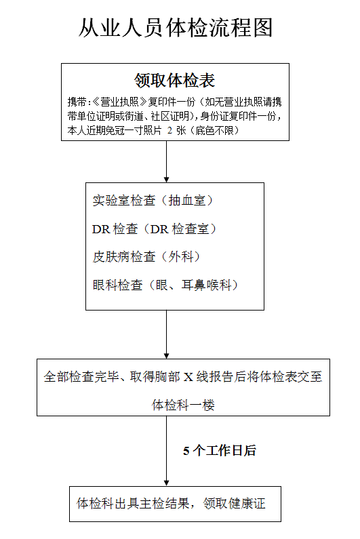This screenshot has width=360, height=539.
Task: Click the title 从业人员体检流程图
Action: [176, 28]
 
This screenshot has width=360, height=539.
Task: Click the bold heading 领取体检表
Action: [175, 81]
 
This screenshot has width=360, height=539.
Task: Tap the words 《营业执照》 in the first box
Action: [120, 102]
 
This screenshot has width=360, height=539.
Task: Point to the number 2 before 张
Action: [169, 131]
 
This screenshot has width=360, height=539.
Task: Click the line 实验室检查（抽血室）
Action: [153, 201]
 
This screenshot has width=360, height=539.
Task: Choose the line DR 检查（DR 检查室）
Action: [154, 228]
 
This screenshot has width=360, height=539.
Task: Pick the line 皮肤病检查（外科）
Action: [146, 256]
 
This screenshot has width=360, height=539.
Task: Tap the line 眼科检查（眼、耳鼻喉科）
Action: [165, 285]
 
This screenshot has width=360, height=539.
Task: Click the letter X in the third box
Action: [188, 377]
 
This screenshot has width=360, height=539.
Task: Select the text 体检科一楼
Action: [183, 405]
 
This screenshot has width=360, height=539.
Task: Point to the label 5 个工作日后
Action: [220, 451]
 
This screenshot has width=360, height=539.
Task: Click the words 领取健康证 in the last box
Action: [234, 504]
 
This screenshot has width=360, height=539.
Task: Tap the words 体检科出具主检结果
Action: [133, 504]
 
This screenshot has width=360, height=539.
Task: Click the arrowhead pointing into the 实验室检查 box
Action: [166, 180]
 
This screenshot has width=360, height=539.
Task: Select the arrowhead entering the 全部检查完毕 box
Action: [166, 356]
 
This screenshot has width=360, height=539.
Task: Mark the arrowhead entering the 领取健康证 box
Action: [166, 483]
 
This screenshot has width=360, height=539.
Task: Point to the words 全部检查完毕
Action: [81, 377]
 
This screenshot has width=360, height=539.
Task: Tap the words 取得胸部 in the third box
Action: [155, 377]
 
